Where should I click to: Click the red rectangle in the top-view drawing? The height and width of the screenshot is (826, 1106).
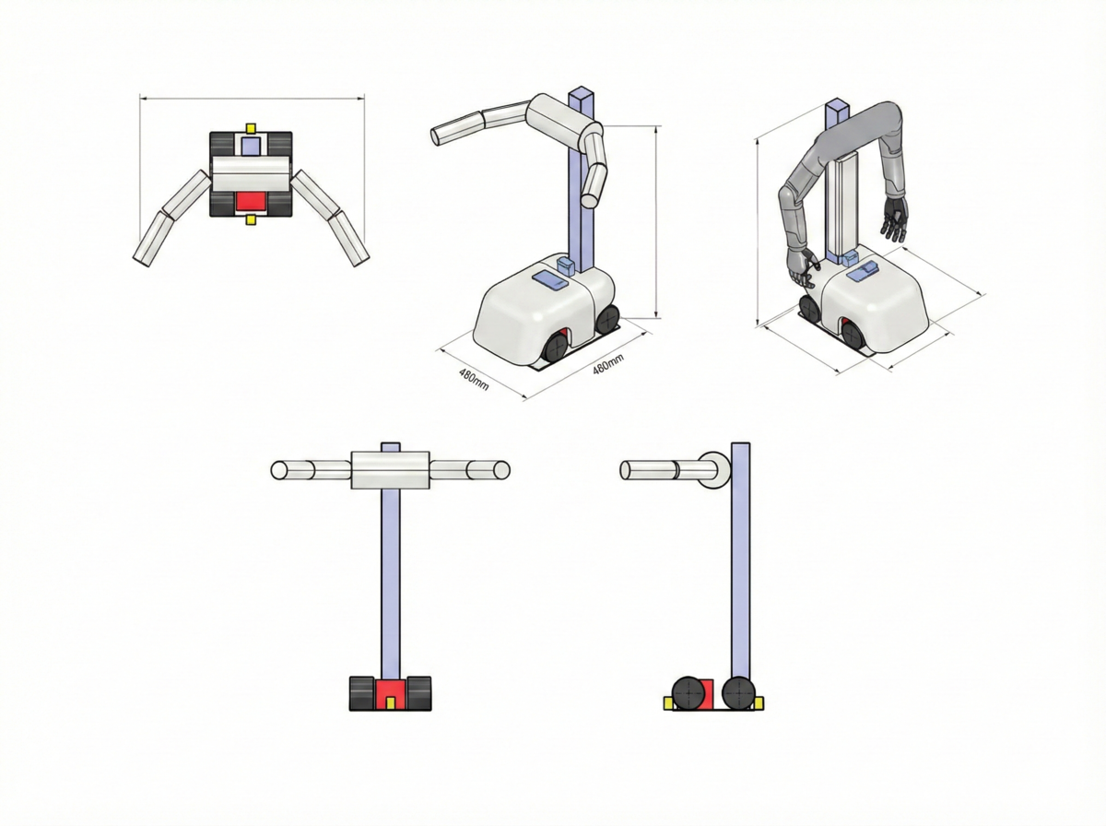251,202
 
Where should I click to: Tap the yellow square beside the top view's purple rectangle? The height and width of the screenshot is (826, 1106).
251,128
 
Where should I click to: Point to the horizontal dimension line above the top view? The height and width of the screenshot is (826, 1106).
252,96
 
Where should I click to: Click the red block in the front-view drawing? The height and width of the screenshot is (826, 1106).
391,694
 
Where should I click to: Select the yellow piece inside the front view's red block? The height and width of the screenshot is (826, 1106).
391,703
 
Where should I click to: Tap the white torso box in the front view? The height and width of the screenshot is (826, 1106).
391,470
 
